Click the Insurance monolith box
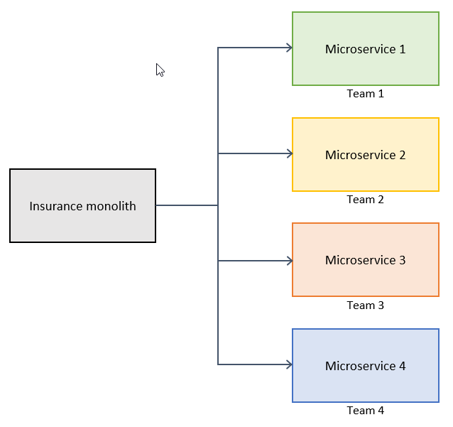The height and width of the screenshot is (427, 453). (82, 206)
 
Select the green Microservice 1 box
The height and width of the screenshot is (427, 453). (365, 49)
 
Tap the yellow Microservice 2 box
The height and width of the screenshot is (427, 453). (365, 155)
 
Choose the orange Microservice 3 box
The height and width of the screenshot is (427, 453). (365, 260)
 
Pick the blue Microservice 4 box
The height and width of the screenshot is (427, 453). (365, 366)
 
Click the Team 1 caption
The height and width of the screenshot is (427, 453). (365, 94)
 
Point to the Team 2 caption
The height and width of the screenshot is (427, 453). (365, 200)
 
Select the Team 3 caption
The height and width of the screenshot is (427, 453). (365, 306)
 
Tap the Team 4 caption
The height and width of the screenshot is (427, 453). (365, 411)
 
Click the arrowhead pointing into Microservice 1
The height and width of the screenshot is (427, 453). (289, 48)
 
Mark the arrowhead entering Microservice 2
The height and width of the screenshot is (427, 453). (289, 153)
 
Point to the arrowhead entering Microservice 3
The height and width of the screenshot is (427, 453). (289, 261)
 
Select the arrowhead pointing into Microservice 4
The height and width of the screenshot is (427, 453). (289, 364)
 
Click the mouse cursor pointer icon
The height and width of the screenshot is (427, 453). (160, 70)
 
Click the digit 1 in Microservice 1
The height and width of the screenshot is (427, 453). (403, 49)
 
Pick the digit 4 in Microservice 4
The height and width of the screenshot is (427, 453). (403, 366)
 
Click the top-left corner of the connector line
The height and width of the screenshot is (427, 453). (218, 48)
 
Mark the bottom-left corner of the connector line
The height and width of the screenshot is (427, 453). (218, 364)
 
